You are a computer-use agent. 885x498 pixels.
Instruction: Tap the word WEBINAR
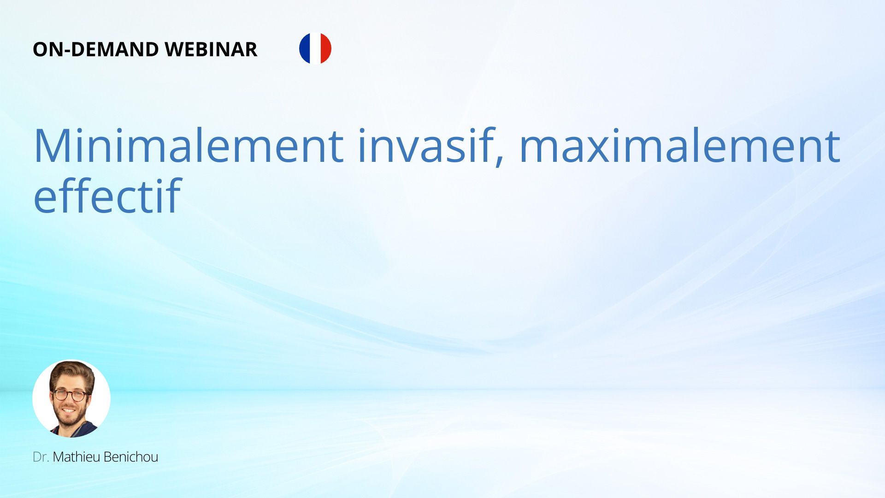point(211,49)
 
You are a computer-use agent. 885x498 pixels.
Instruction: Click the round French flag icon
point(315,48)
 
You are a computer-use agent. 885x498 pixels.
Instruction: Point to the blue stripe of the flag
point(304,48)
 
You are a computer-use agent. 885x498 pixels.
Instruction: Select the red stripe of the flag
point(326,48)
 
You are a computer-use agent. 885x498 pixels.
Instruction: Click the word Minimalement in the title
point(189,145)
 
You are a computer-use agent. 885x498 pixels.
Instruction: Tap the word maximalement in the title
point(680,145)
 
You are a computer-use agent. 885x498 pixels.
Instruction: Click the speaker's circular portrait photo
point(71,398)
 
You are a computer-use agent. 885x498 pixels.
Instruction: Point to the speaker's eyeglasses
point(69,395)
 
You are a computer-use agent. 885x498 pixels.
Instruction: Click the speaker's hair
point(71,372)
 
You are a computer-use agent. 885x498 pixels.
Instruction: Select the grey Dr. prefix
point(41,457)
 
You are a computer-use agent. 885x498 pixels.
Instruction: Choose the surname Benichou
point(131,457)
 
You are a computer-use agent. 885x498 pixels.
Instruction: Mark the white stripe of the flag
point(315,48)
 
